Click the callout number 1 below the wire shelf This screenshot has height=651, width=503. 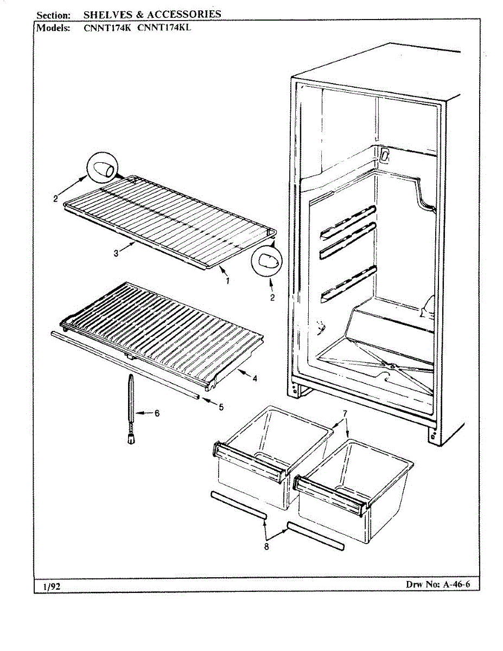(x=227, y=280)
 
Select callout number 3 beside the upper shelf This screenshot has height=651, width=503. (x=116, y=253)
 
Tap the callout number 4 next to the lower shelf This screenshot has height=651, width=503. (x=254, y=379)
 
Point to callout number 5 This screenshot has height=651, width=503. (x=221, y=407)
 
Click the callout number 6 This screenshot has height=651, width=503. (x=157, y=413)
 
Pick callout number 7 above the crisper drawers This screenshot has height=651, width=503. (x=345, y=413)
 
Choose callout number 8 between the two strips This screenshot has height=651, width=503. (x=266, y=546)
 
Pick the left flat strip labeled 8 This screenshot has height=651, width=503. (x=239, y=507)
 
